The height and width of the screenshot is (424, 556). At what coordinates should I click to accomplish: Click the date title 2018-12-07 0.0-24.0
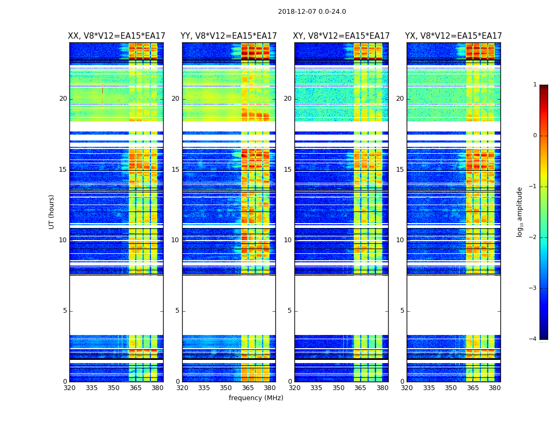pos(312,12)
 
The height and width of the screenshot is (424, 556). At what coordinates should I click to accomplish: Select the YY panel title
pos(229,36)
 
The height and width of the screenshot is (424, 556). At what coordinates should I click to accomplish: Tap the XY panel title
pos(342,36)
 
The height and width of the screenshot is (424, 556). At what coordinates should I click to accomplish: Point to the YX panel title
pos(454,36)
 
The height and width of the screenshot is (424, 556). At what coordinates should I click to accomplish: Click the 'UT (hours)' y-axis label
pos(52,211)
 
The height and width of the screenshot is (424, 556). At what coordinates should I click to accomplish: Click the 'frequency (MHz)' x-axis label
pos(256,398)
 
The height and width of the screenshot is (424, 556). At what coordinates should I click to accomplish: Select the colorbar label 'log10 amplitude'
pos(520,211)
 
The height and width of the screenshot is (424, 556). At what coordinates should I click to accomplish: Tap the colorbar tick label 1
pos(535,85)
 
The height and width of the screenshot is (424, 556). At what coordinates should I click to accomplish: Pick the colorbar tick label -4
pos(533,339)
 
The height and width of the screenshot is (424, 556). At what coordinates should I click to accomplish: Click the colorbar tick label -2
pos(533,237)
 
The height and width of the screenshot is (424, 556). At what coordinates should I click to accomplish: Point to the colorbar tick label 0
pos(535,136)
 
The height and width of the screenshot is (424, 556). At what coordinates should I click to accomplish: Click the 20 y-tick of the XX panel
pos(63,99)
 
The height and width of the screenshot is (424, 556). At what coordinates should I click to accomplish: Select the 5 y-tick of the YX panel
pos(402,311)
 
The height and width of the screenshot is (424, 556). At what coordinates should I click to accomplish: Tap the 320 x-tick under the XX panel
pos(69,388)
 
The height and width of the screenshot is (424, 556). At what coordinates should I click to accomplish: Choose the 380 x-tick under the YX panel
pos(495,388)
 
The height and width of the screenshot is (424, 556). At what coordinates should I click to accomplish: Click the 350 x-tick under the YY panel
pos(226,388)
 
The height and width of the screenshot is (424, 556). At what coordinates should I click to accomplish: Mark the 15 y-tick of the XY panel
pos(288,170)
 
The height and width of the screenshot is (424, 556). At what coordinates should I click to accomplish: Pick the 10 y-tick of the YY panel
pos(175,240)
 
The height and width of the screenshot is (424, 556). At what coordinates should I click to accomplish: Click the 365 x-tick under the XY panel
pos(361,388)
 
